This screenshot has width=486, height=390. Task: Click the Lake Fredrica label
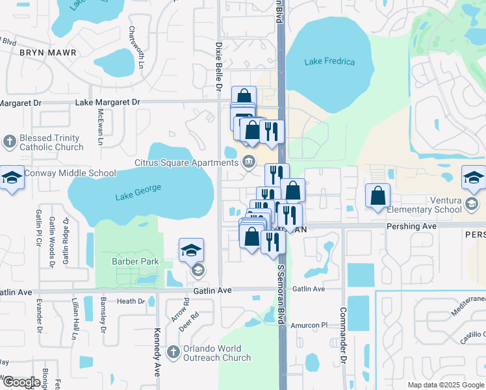click(330, 62)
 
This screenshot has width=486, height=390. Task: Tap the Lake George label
click(138, 192)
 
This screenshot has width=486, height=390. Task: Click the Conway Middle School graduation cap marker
click(11, 177)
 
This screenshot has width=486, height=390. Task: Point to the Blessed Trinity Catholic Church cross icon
click(10, 141)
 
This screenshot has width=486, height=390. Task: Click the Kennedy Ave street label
click(157, 355)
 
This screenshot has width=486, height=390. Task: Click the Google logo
click(21, 382)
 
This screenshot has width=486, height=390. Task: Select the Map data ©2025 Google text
click(445, 385)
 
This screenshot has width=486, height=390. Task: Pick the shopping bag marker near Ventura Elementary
click(377, 195)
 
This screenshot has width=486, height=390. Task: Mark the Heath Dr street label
click(131, 301)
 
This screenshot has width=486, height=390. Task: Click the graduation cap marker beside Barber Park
click(191, 250)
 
